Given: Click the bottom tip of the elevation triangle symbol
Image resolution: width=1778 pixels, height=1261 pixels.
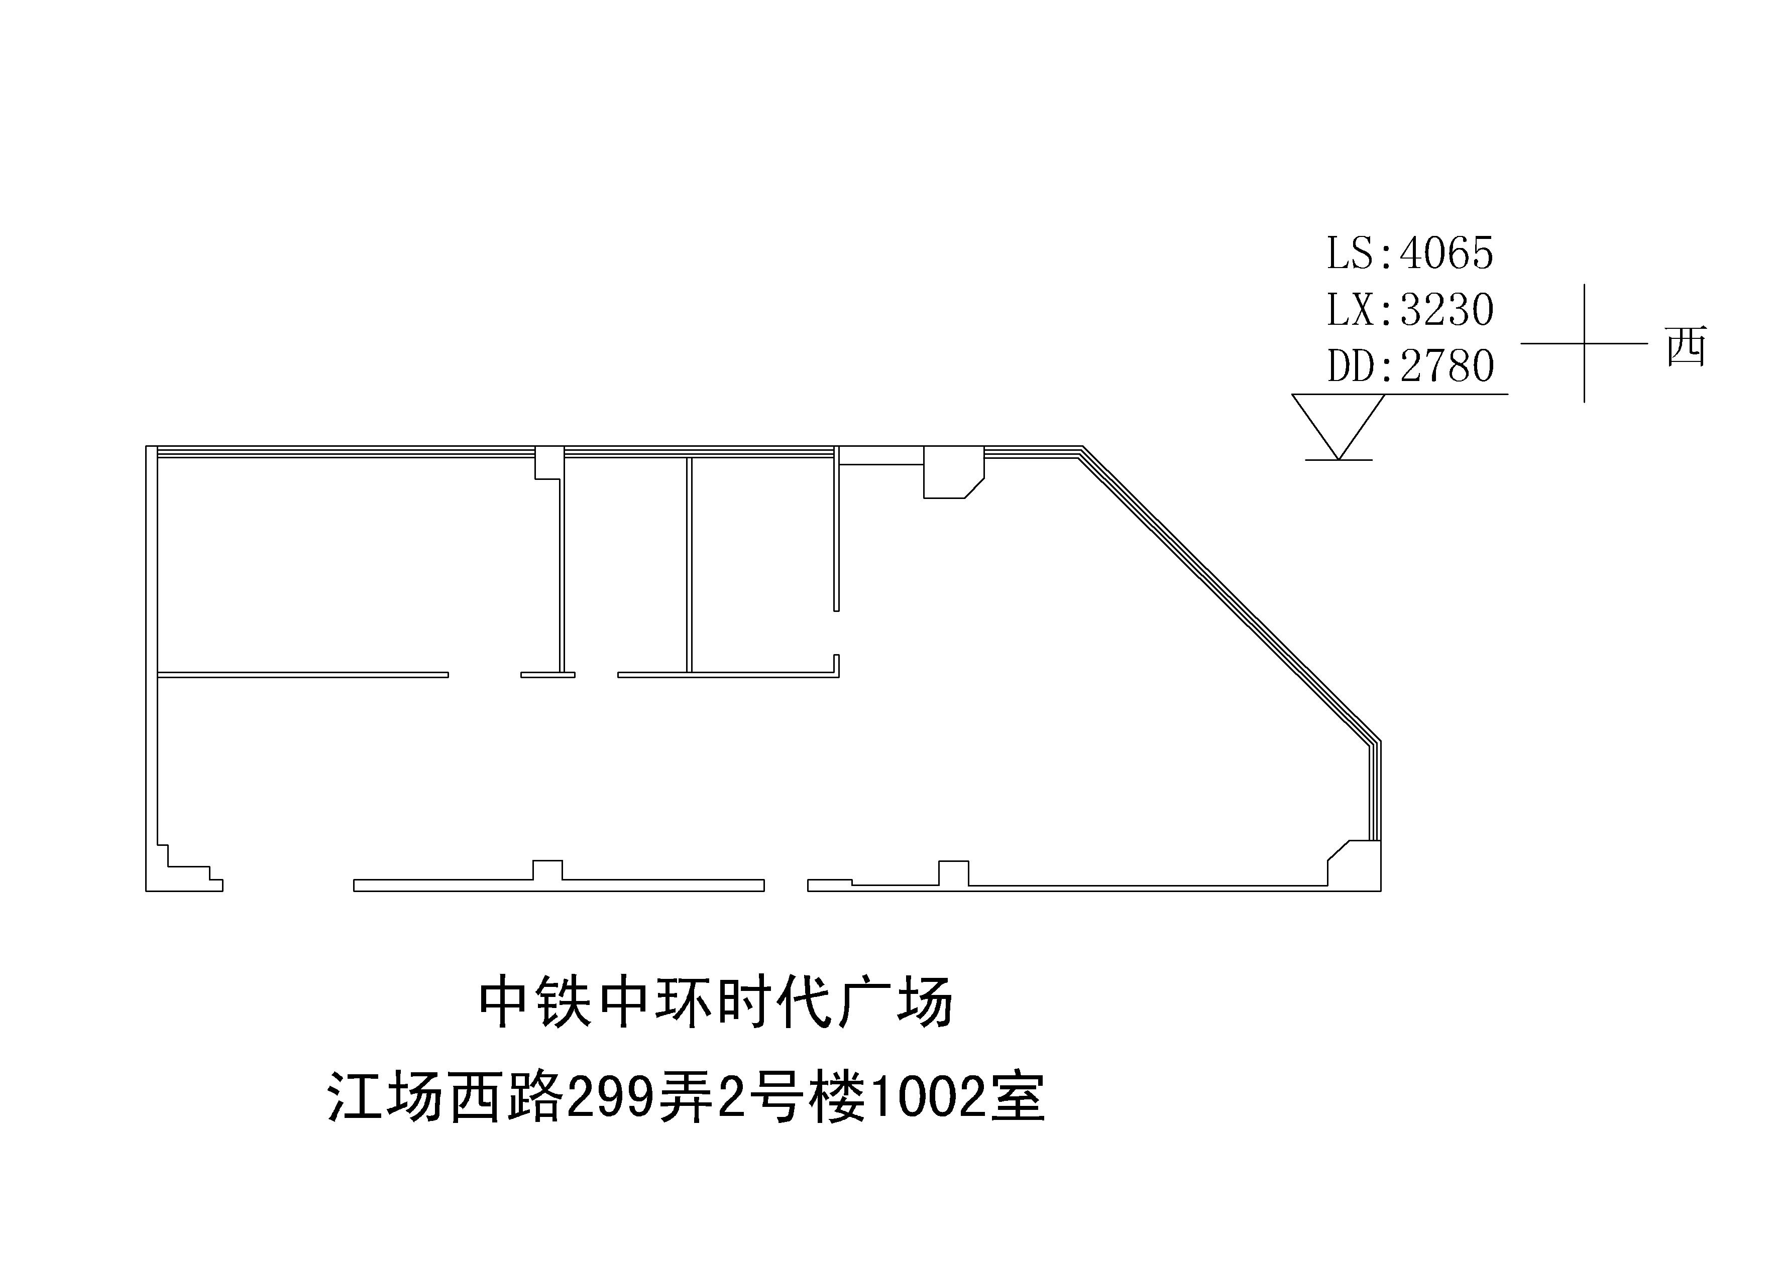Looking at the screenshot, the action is tap(1339, 460).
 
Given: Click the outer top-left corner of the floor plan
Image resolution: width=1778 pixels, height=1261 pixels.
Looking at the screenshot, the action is tap(146, 446).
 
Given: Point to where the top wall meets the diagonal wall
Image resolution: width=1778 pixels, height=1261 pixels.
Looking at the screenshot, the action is tap(1083, 446).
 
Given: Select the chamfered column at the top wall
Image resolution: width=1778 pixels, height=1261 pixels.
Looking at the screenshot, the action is tap(953, 472).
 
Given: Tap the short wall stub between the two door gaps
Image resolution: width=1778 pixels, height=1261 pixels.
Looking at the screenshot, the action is tap(547, 675).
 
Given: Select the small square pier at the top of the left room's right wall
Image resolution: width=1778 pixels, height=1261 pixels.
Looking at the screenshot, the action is tap(549, 463).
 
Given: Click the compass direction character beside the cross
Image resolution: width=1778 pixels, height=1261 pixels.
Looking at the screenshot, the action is tap(1686, 346).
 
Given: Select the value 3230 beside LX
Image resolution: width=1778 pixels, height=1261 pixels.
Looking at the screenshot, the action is tap(1447, 310).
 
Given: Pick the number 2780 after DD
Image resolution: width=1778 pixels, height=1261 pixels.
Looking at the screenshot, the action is tap(1447, 366).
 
